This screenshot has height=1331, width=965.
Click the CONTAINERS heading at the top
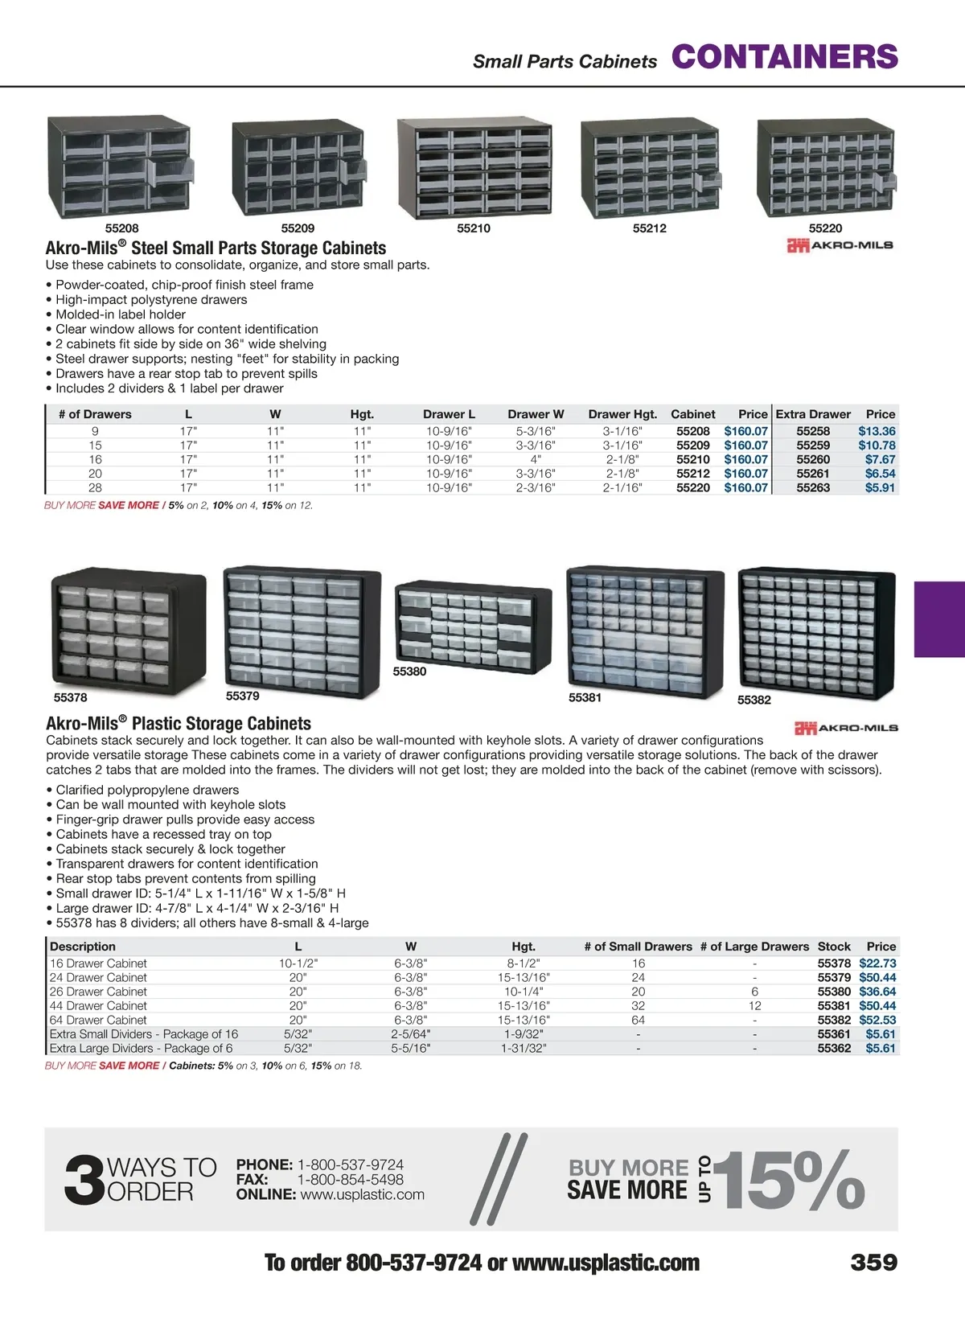pos(784,57)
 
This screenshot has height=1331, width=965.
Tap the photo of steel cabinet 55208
pos(120,167)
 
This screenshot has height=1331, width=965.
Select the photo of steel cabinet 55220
pos(826,168)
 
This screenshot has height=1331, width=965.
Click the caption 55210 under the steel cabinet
pos(474,228)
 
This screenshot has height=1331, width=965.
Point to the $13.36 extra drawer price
pos(877,431)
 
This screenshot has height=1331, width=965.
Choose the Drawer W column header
pos(536,414)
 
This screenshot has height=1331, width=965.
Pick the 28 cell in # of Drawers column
pos(95,487)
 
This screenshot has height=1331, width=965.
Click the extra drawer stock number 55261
pos(813,474)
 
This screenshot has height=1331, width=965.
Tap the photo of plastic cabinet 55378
pos(129,627)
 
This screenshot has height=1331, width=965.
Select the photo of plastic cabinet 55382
pos(816,631)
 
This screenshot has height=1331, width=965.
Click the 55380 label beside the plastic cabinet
pos(409,672)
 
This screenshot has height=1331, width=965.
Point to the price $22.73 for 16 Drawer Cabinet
pos(877,963)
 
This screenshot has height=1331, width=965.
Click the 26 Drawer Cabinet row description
pos(98,992)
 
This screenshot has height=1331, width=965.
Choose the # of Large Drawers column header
pos(754,947)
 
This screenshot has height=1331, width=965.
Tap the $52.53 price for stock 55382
pos(877,1020)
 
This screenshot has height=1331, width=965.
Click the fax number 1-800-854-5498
pos(351,1180)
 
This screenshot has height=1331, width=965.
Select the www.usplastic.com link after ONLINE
pos(363,1195)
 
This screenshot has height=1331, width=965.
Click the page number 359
pos(874,1263)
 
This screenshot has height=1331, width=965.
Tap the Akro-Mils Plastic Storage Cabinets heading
pos(179,723)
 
